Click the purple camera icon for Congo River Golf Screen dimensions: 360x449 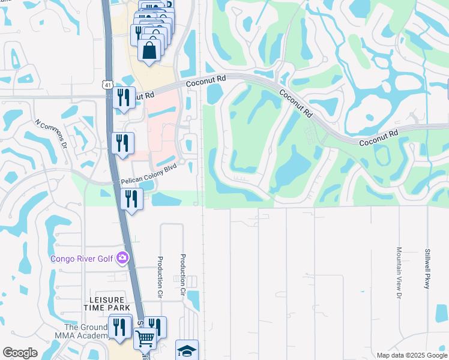pos(123,258)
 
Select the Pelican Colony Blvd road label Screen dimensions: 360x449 pos(149,175)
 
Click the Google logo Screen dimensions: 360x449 pos(20,353)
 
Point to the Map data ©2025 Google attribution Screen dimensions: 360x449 pos(411,355)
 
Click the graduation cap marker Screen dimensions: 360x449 pos(187,350)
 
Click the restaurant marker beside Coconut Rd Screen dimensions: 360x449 pos(124,97)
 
